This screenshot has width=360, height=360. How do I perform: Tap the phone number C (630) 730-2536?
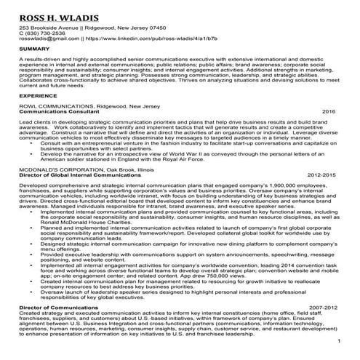[x=44, y=33]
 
